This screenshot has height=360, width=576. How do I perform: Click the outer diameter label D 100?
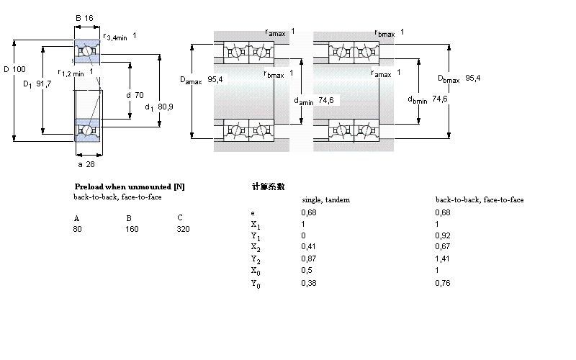(14, 69)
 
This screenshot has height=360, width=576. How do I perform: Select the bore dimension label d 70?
(135, 95)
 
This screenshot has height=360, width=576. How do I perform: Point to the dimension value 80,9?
(165, 107)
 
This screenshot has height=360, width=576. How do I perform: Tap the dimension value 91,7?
(43, 84)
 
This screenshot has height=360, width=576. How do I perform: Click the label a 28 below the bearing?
(86, 164)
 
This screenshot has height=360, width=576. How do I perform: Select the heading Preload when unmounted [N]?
(130, 186)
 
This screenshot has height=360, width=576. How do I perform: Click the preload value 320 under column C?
(183, 229)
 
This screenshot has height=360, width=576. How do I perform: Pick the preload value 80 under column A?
(77, 229)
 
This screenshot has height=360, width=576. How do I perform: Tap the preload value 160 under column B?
(132, 229)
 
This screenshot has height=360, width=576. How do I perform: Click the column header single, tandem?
(325, 199)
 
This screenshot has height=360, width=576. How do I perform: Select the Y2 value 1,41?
(443, 258)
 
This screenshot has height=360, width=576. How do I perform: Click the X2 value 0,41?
(308, 246)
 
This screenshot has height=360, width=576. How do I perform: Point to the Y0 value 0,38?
(308, 283)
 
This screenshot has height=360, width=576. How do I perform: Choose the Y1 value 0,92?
(443, 235)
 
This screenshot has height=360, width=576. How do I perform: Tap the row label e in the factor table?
(252, 213)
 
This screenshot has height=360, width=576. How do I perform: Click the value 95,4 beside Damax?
(215, 79)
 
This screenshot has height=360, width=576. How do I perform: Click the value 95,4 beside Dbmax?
(473, 78)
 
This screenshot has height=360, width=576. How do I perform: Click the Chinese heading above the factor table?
(268, 186)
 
